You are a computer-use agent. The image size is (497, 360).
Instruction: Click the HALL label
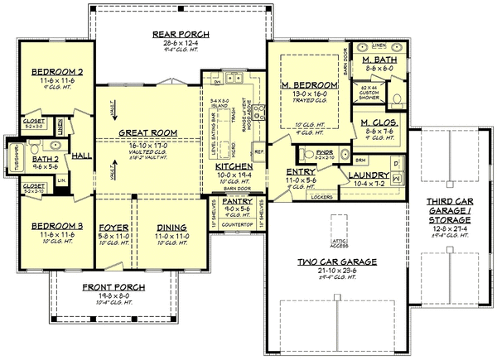(x=81, y=154)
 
